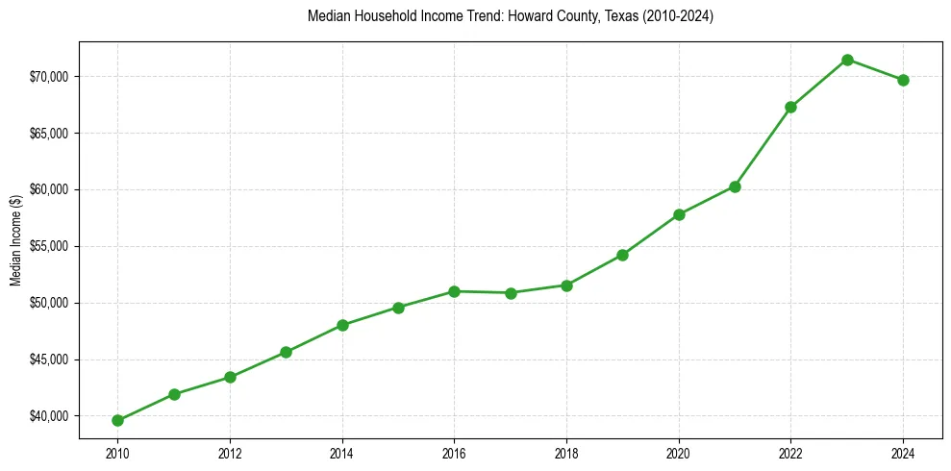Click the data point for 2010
[x=117, y=420]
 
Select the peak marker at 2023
[x=847, y=60]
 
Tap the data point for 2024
[x=903, y=80]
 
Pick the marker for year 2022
[x=790, y=107]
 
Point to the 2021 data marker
[x=735, y=186]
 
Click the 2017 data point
[x=511, y=293]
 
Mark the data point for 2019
[x=622, y=255]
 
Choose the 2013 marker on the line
[x=286, y=352]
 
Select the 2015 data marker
[x=398, y=308]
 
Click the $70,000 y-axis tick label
[x=48, y=77]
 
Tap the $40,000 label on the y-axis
[x=48, y=416]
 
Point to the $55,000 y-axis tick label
[x=48, y=246]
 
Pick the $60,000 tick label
[x=48, y=189]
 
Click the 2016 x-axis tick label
[x=454, y=453]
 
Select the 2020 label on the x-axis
[x=679, y=453]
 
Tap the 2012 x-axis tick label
[x=230, y=453]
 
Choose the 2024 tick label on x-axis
[x=903, y=453]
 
